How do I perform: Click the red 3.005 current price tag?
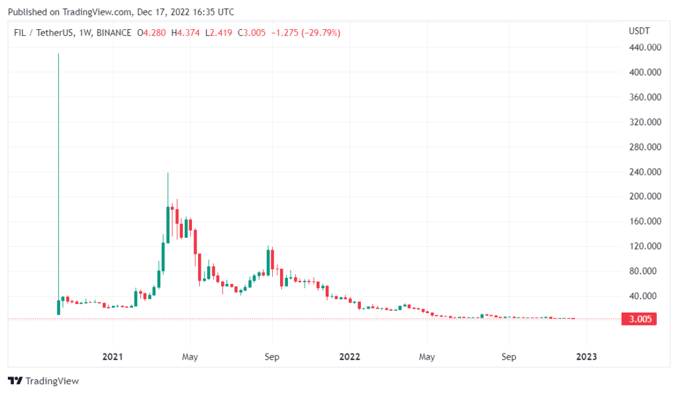click(640, 319)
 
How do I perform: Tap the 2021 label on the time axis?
click(113, 357)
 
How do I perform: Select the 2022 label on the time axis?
click(349, 357)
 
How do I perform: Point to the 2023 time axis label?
click(587, 357)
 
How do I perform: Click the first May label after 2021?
click(190, 357)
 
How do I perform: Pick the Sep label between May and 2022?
click(271, 357)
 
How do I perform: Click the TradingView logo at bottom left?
click(43, 381)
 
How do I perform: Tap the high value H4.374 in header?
click(183, 32)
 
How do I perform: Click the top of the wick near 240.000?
click(168, 174)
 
